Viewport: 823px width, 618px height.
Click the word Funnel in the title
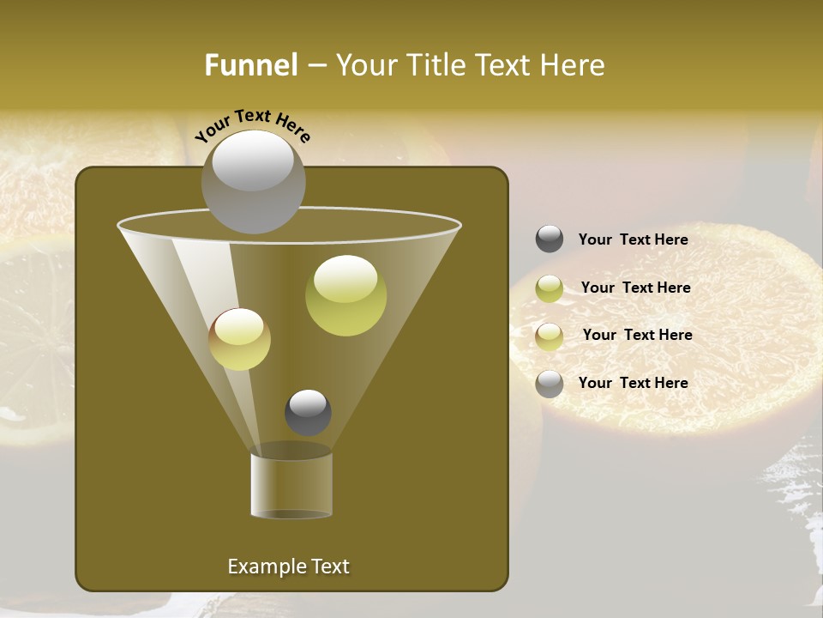(250, 65)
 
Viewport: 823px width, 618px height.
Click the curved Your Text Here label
(252, 124)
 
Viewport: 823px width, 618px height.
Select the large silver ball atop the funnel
(253, 181)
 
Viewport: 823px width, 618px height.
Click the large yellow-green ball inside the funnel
(345, 295)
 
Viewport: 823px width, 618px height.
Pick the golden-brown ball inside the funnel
(239, 339)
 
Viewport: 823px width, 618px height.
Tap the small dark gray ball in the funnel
(308, 412)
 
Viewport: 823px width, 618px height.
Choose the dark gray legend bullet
(550, 239)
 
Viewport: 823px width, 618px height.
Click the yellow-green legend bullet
(550, 288)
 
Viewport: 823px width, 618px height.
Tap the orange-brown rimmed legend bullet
(550, 336)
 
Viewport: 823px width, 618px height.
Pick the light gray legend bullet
(550, 384)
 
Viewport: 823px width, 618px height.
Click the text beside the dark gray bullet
(633, 239)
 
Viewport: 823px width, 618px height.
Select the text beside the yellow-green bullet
(635, 288)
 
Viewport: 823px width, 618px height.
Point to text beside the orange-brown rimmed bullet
(637, 335)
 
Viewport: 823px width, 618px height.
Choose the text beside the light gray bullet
(633, 383)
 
